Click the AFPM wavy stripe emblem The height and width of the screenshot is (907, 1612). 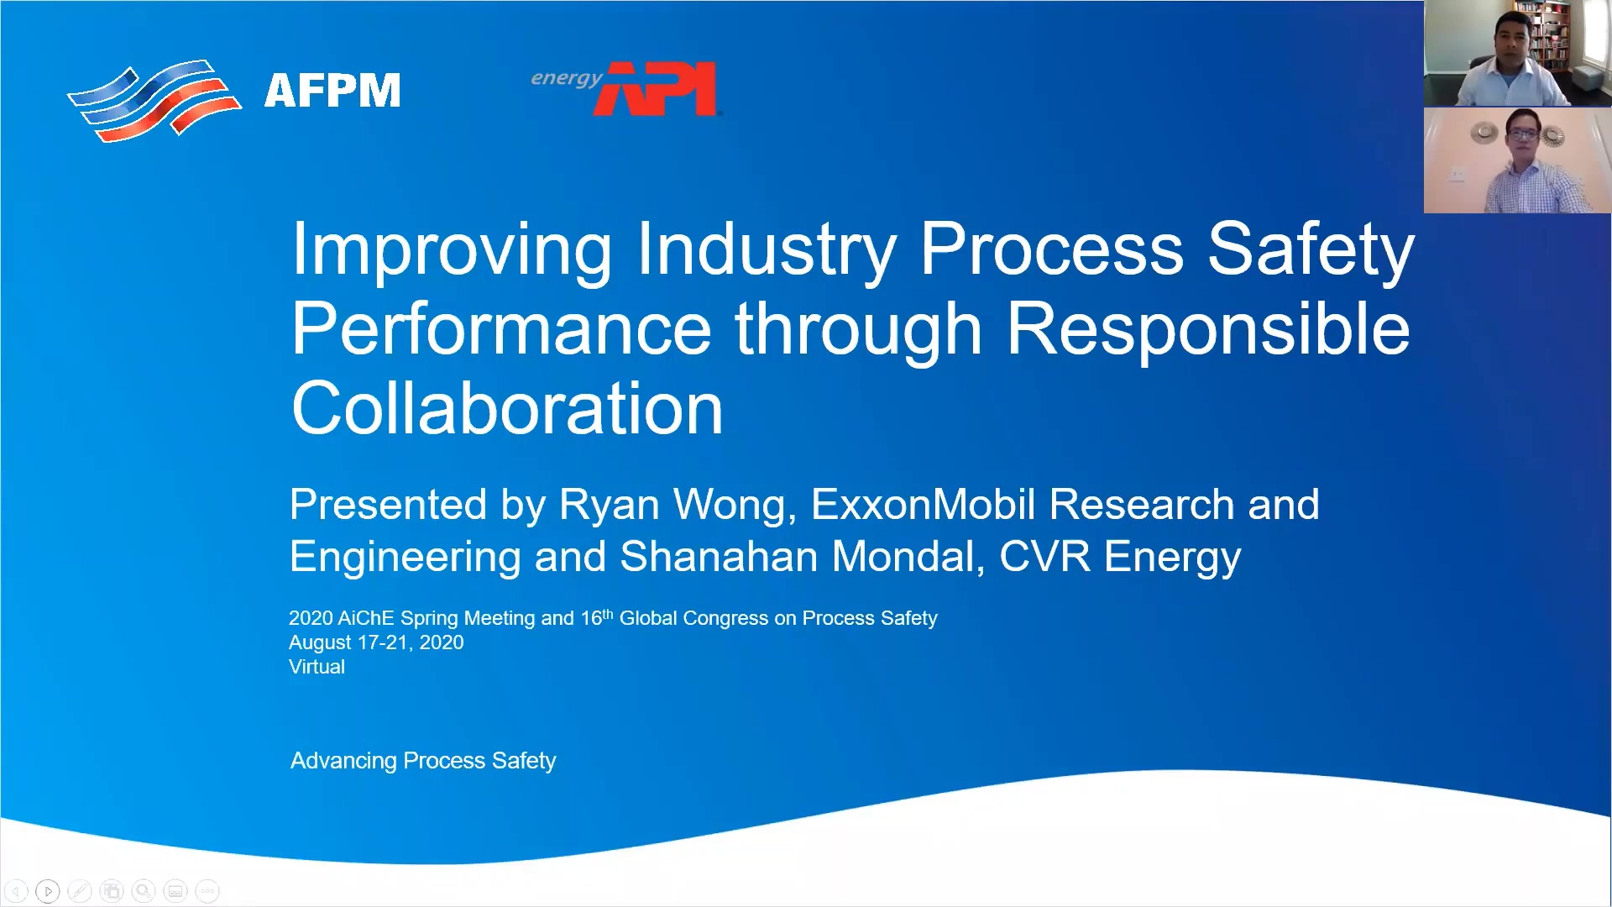(154, 100)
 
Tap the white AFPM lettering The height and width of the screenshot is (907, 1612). (332, 91)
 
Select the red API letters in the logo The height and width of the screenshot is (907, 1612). (656, 88)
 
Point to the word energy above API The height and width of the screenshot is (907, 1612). (567, 78)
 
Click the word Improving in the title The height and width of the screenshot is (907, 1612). (452, 249)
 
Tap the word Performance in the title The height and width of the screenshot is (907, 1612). (501, 328)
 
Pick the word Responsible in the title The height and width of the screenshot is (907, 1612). (1208, 328)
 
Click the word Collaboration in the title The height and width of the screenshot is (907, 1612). (507, 408)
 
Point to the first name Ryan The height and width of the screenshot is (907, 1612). (609, 506)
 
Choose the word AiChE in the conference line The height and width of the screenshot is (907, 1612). (365, 618)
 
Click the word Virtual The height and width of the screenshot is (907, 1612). (317, 667)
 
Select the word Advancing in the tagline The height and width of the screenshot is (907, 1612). (343, 762)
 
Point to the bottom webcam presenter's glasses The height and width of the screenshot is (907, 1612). (1522, 135)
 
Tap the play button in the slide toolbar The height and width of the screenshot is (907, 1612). (48, 891)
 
